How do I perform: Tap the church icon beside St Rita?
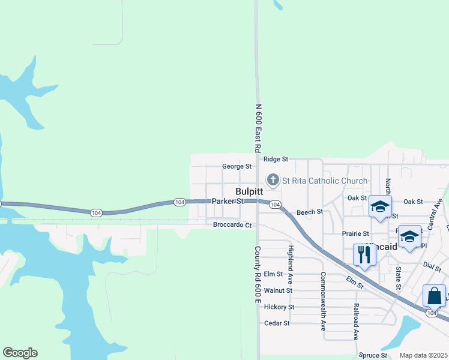click(273, 180)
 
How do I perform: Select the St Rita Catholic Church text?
click(325, 181)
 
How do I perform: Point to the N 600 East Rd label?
click(259, 128)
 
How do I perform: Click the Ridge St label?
click(276, 160)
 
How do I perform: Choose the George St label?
click(237, 166)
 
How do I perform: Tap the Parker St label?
click(228, 202)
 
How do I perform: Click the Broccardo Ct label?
click(232, 225)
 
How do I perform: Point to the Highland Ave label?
click(290, 264)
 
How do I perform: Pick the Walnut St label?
click(278, 290)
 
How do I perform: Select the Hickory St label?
click(279, 307)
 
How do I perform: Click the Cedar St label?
click(277, 323)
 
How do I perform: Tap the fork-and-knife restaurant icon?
click(364, 254)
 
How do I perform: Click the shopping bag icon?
click(434, 296)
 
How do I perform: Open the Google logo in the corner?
click(20, 353)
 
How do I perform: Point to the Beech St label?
click(310, 212)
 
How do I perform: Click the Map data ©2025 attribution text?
click(423, 355)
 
